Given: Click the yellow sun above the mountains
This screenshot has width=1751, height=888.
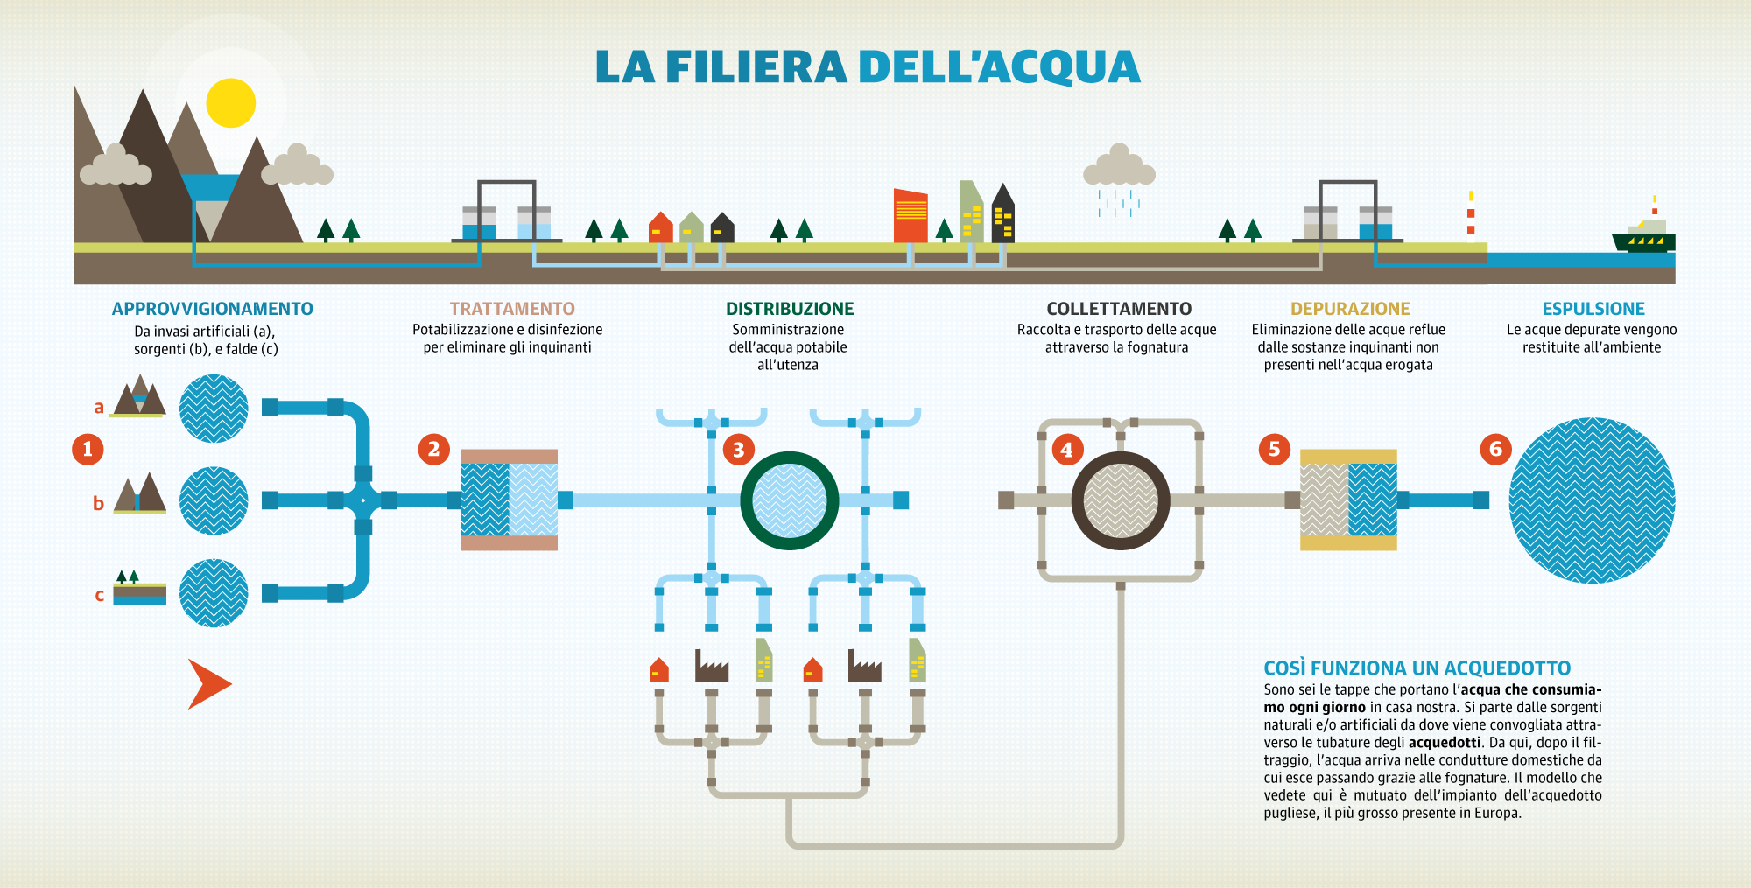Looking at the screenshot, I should click(230, 103).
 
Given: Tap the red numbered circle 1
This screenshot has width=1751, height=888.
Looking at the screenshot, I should click(88, 450).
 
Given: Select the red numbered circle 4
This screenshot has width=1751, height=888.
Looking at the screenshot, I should click(1066, 450).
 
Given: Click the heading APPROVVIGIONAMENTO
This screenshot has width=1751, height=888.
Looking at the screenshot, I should click(212, 309).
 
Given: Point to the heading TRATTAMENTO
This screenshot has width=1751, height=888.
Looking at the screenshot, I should click(512, 309).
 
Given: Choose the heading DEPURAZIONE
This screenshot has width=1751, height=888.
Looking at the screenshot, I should click(1350, 309).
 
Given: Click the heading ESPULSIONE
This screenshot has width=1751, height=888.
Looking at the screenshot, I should click(1593, 309).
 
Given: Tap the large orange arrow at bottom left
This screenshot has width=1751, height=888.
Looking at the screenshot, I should click(209, 683).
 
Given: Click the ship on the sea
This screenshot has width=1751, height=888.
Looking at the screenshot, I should click(1643, 238).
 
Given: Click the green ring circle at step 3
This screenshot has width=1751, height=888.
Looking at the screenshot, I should click(790, 500).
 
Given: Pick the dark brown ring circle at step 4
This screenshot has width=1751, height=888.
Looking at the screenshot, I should click(1121, 500).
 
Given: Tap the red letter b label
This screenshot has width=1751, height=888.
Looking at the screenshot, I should click(98, 504).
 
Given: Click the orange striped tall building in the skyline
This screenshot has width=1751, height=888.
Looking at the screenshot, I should click(911, 215).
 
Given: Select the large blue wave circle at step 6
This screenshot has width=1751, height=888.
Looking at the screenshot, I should click(1592, 500).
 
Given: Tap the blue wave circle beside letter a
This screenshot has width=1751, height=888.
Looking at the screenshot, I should click(214, 408).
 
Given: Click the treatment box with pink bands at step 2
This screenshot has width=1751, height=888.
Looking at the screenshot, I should click(509, 500).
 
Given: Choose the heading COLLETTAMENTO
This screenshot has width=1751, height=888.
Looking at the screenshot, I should click(1119, 309).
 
